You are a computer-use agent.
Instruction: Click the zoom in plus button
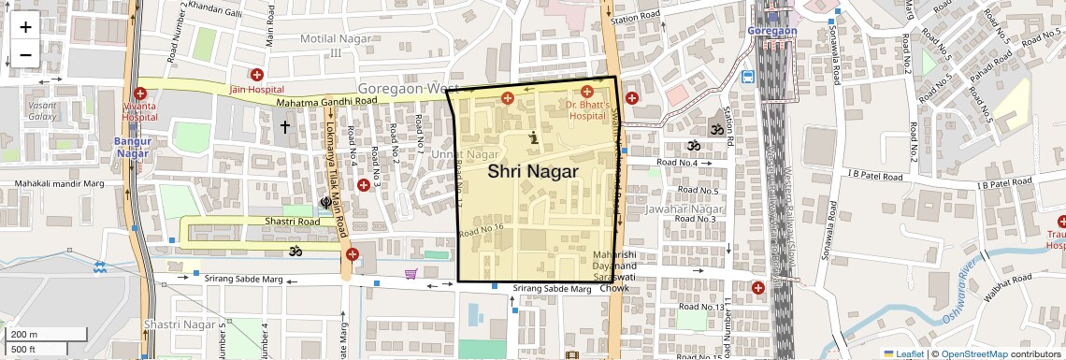pos(25,27)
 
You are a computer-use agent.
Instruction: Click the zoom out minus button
pos(25,54)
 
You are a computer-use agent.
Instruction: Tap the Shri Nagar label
pos(533,171)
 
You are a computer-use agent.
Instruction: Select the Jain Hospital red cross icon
pos(257,75)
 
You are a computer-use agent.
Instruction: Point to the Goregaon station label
pos(771,31)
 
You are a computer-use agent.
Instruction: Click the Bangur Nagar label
pos(133,148)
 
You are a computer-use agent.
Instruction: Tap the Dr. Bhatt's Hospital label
pos(587,111)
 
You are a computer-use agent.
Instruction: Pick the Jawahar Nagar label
pos(684,209)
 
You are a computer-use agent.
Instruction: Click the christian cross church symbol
pos(284,125)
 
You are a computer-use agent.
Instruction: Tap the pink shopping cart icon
pos(411,274)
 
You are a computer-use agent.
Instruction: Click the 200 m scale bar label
pos(24,335)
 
